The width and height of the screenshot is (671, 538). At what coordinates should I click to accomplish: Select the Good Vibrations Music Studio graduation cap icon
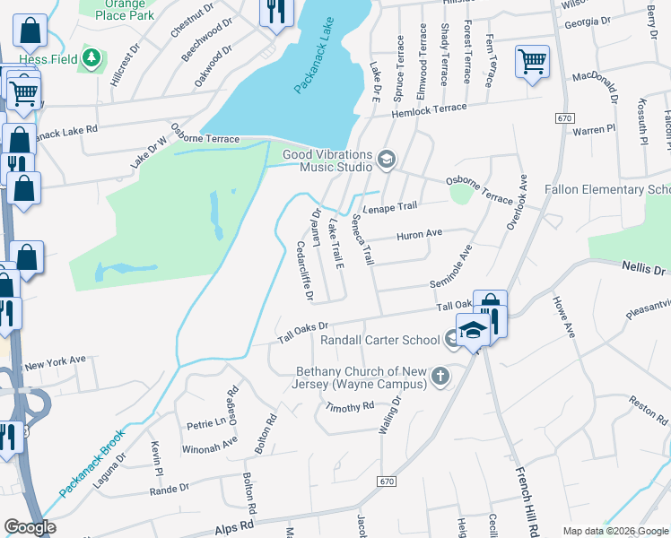click(x=387, y=160)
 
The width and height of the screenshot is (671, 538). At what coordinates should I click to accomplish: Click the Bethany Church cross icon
click(x=440, y=377)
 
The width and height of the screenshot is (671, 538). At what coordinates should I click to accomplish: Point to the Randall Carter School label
click(x=380, y=340)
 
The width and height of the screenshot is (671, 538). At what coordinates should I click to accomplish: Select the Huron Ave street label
click(x=420, y=234)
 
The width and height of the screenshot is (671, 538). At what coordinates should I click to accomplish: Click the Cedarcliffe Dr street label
click(x=305, y=273)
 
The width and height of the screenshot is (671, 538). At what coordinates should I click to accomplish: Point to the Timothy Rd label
click(x=349, y=406)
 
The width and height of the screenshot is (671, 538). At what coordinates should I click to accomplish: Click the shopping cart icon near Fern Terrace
click(x=532, y=62)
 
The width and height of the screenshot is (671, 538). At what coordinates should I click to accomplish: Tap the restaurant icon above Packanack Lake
click(x=274, y=11)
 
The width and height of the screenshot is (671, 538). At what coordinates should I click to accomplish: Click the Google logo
click(x=29, y=527)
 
